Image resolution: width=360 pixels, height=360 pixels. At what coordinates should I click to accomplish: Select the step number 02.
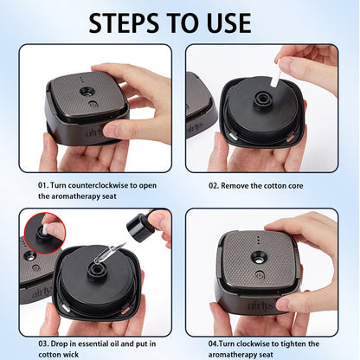[214, 186]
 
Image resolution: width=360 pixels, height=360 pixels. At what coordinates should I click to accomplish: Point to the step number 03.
[43, 344]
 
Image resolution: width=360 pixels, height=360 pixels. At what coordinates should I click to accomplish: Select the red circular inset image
[45, 234]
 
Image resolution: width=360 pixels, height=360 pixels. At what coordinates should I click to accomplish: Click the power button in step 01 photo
[93, 104]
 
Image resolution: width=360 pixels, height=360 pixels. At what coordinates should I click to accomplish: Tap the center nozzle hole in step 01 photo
[87, 92]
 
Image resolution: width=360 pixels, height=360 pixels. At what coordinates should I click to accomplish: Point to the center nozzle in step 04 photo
[257, 258]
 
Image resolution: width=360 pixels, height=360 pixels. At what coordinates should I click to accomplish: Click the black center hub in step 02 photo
[262, 100]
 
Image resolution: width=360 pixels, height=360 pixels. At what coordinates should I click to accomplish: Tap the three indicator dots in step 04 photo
[258, 240]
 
